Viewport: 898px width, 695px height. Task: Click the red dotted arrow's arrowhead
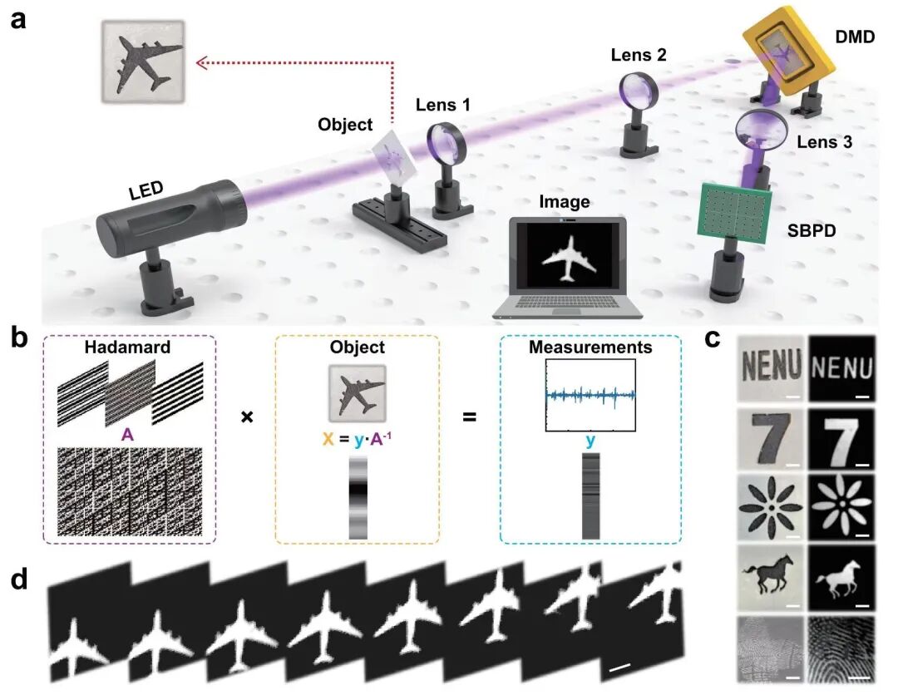(x=200, y=61)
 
